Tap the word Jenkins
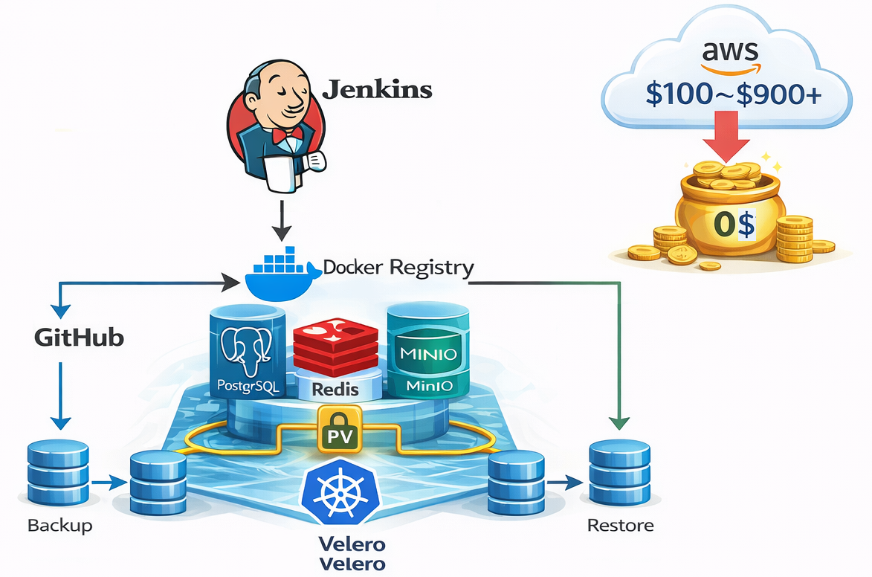click(x=377, y=89)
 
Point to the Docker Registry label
click(x=398, y=268)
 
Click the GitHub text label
click(x=79, y=338)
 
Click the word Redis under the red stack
click(x=335, y=389)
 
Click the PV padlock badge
click(x=339, y=431)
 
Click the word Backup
click(x=60, y=526)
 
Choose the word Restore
click(x=621, y=526)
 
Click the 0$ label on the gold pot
click(x=733, y=224)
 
